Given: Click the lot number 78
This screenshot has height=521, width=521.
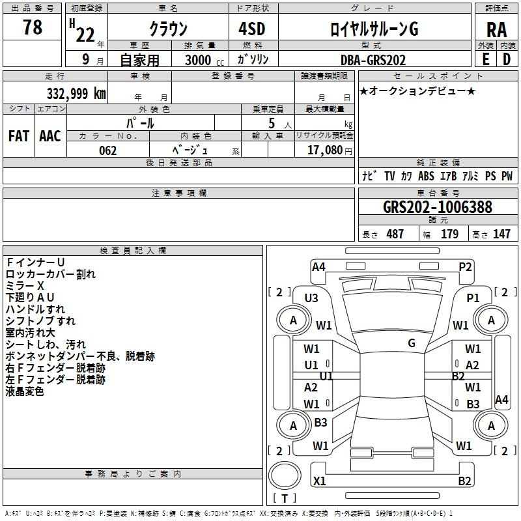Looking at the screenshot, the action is [x=33, y=27].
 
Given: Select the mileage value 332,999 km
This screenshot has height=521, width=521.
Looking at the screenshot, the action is [x=76, y=94].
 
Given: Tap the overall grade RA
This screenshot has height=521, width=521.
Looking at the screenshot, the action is [x=497, y=30].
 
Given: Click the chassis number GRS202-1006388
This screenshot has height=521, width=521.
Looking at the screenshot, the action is [x=438, y=206].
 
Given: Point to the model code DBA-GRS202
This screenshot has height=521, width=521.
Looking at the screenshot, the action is [x=373, y=60].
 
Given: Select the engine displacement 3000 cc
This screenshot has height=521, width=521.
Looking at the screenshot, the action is [x=204, y=60].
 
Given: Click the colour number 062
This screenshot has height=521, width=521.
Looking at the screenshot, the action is [x=108, y=150].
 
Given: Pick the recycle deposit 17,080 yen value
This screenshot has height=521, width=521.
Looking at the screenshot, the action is [x=330, y=150].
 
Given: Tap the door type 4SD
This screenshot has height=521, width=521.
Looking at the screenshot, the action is [x=252, y=29].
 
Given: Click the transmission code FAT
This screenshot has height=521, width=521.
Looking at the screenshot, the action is [x=19, y=136].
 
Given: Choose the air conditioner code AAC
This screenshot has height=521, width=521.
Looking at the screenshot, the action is [x=50, y=136].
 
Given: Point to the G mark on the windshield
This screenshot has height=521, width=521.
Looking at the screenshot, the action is [x=412, y=343].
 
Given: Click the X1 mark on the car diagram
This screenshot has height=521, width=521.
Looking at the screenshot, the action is [x=319, y=481].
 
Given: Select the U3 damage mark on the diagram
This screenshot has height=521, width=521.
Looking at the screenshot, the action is [x=311, y=298].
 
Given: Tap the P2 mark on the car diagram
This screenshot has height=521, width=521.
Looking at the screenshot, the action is [x=465, y=267].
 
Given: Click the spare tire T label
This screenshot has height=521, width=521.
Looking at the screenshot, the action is [x=285, y=498].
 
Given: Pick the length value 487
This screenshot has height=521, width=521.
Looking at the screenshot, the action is [x=395, y=234].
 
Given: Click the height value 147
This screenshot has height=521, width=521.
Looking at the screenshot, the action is [x=501, y=234].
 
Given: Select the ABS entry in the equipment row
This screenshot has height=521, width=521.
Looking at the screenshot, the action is [x=426, y=176].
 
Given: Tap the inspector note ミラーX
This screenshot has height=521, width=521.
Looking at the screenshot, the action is [x=25, y=285].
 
